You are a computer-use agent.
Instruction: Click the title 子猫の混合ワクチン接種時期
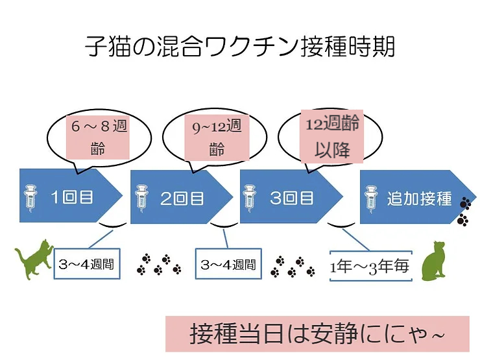pos(240,47)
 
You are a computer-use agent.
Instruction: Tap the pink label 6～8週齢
pos(99,137)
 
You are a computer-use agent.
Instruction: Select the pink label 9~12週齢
pos(217,138)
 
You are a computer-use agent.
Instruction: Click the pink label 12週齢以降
pos(332,136)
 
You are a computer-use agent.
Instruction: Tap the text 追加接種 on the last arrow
pos(419,198)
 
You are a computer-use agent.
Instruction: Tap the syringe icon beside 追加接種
pos(371,198)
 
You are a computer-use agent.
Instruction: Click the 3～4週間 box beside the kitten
pos(87,263)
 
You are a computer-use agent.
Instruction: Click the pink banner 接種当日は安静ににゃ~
pos(317,334)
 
